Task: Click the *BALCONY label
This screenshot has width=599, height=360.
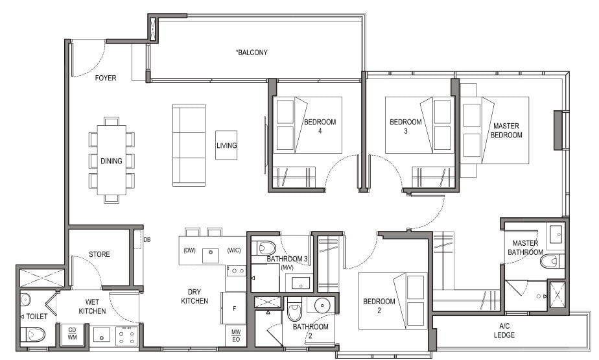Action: coord(252,53)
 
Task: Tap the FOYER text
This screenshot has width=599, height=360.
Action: coord(106,78)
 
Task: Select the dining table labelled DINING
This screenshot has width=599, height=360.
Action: coord(111,160)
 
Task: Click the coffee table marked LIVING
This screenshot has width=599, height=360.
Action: coord(226,145)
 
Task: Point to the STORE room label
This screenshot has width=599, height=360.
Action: coord(99,254)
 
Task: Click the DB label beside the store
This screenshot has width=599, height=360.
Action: coord(147,240)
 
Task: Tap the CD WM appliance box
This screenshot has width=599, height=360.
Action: coord(72,334)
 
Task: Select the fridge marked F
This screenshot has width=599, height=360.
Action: coord(233,308)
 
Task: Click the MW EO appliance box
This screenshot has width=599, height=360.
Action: coord(236,336)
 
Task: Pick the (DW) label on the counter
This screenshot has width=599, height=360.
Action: coord(189,250)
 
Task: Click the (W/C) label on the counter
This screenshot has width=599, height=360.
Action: coord(234,250)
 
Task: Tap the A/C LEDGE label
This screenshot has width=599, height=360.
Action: coord(504,331)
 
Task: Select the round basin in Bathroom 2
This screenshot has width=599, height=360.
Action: coord(323,305)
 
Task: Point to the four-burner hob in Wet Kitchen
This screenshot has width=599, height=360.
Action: coord(126,336)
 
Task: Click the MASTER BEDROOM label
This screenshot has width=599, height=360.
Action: coord(506,130)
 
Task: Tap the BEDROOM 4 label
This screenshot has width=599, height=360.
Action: coord(320,126)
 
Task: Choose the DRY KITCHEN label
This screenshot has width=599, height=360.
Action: coord(194,296)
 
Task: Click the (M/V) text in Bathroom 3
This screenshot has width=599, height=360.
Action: coord(287,268)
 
